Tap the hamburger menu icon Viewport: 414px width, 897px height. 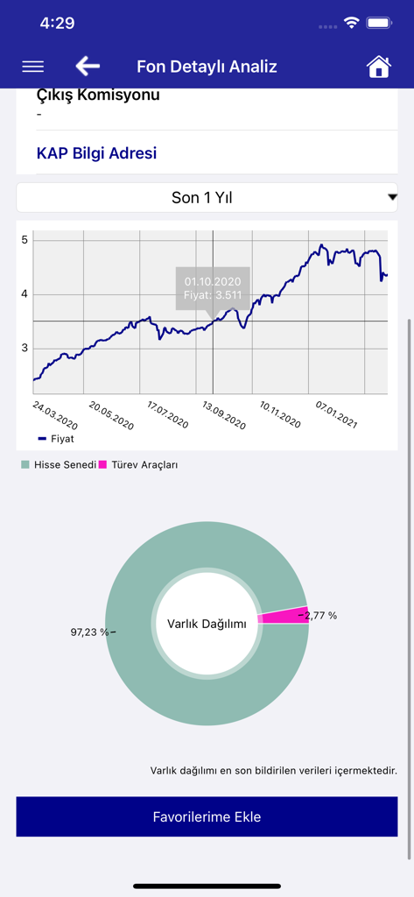pos(32,67)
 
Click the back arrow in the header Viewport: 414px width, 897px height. pos(88,67)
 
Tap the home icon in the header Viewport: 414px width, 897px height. pos(378,67)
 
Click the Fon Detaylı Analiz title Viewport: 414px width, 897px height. pos(207,67)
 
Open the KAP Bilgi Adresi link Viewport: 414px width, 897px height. pos(96,153)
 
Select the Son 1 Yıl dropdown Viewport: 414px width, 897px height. pos(207,198)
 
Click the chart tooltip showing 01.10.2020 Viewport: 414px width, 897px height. pos(212,287)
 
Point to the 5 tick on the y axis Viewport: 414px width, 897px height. pos(25,240)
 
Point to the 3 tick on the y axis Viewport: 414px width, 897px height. pos(25,348)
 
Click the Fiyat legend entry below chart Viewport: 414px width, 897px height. pos(56,438)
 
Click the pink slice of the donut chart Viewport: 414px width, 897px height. pos(284,616)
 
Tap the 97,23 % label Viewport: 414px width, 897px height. pos(91,632)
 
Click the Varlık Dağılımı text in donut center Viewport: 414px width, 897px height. pos(207,624)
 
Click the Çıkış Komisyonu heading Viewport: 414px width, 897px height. pos(98,95)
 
